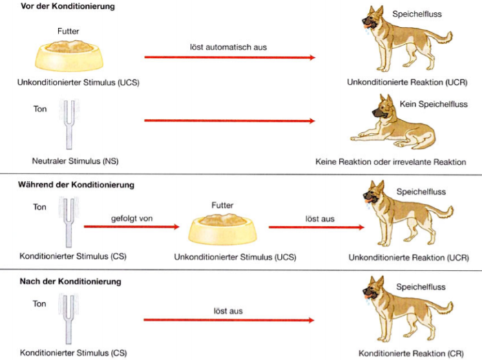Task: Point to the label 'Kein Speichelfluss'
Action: point(434,104)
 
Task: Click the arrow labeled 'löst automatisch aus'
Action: point(230,58)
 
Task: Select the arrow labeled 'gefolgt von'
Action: point(129,226)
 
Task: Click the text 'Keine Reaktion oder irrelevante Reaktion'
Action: point(390,162)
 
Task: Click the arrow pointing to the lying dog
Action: point(230,121)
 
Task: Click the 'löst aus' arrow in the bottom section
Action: point(230,320)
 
